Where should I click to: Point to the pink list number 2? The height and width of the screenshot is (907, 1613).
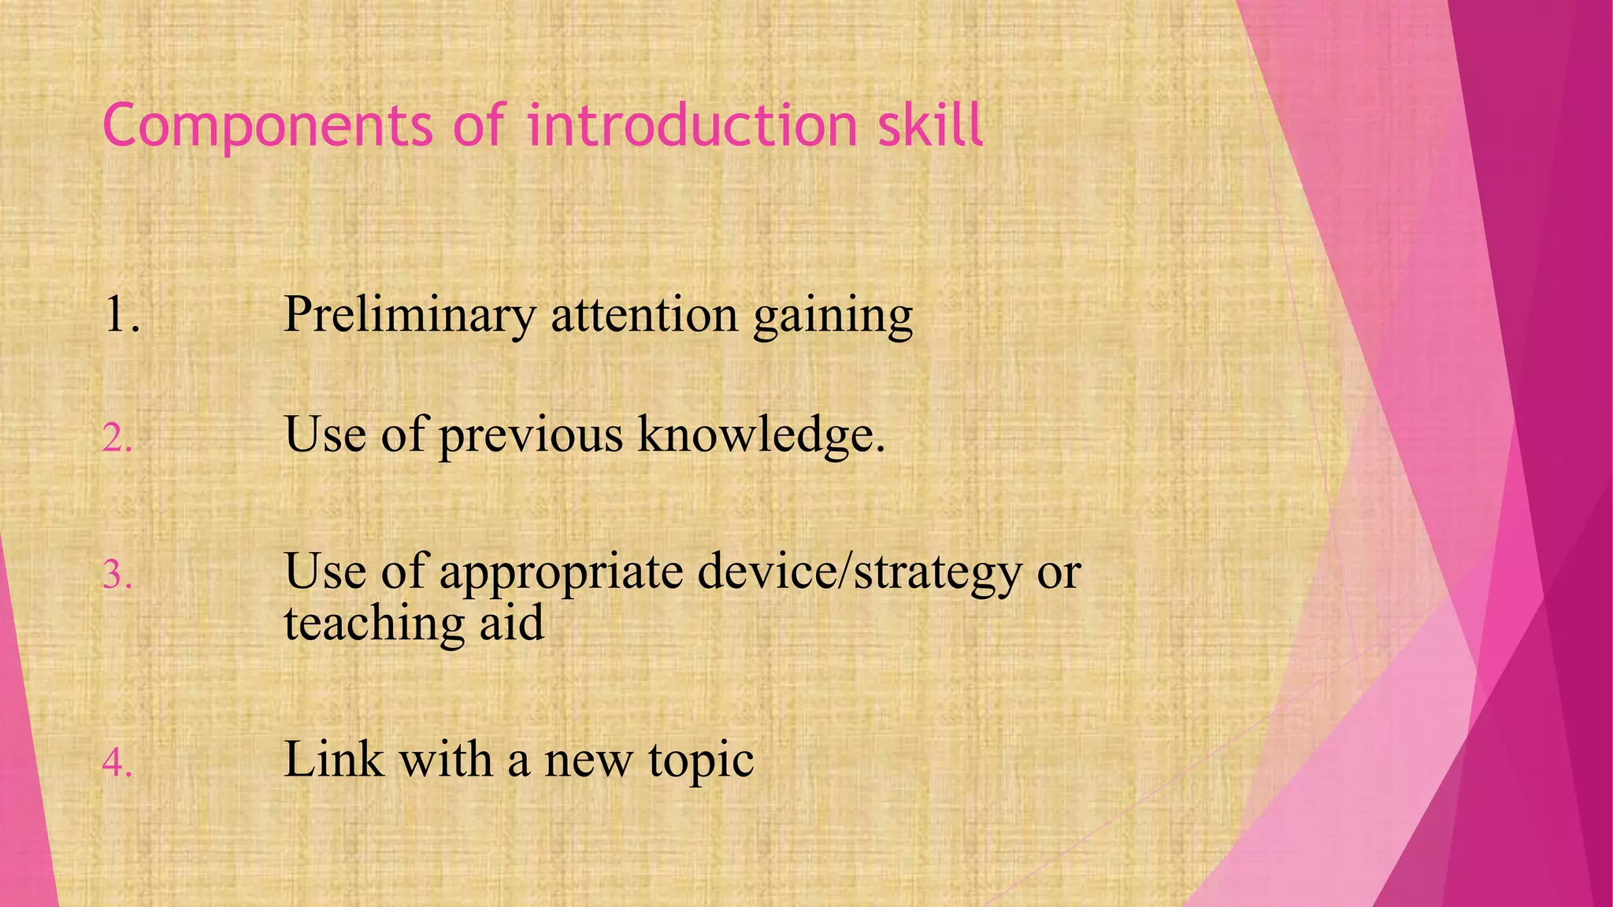[x=117, y=439]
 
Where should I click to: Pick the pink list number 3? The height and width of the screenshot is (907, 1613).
[x=117, y=576]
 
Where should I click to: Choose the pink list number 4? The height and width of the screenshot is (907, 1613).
[x=117, y=763]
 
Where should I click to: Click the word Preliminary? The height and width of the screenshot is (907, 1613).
[x=410, y=315]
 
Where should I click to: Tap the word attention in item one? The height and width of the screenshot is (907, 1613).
[x=644, y=314]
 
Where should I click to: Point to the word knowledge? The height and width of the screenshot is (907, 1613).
[x=761, y=435]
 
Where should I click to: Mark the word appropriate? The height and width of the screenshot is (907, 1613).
[x=561, y=573]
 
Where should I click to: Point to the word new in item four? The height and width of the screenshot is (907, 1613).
[x=588, y=761]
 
